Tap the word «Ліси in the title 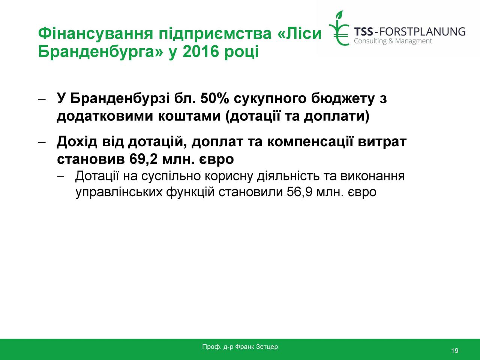pyautogui.click(x=299, y=33)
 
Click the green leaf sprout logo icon pyautogui.click(x=339, y=28)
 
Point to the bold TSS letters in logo pyautogui.click(x=363, y=31)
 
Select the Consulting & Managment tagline pyautogui.click(x=393, y=41)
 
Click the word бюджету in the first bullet pyautogui.click(x=343, y=99)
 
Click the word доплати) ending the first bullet pyautogui.click(x=337, y=116)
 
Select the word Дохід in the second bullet pyautogui.click(x=77, y=142)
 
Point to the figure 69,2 pyautogui.click(x=143, y=159)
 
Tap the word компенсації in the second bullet pyautogui.click(x=310, y=142)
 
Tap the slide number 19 pyautogui.click(x=454, y=351)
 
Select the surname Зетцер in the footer pyautogui.click(x=267, y=346)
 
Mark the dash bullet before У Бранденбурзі pyautogui.click(x=42, y=99)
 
